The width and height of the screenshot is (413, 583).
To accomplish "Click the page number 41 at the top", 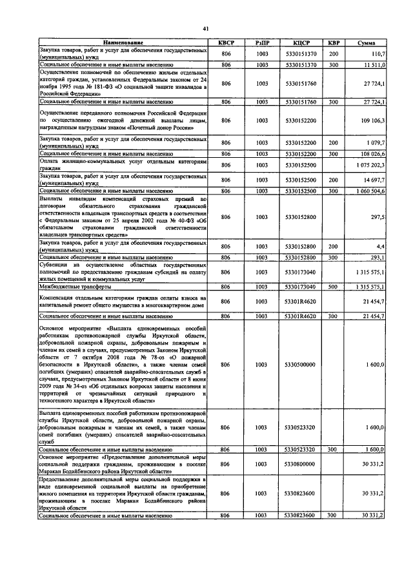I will click(206, 28).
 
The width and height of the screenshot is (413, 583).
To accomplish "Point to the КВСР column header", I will click(226, 43).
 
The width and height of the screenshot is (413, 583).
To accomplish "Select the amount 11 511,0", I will click(373, 65).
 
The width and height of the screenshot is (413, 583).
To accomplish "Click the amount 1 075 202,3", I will click(370, 165).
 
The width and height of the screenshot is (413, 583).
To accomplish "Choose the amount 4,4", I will click(381, 245).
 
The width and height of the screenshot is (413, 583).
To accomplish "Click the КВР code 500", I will click(334, 287).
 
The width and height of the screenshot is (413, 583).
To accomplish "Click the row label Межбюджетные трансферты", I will click(71, 287).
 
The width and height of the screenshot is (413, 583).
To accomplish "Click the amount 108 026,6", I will click(372, 154).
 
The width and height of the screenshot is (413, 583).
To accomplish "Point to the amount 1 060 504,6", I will click(370, 191).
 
